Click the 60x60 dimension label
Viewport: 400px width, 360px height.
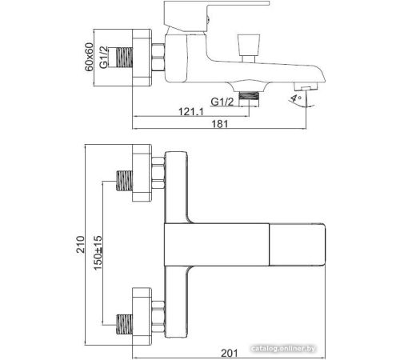[89, 57]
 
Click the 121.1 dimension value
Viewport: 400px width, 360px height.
[190, 111]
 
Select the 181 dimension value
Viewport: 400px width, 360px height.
[220, 124]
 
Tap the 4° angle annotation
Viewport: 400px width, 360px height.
[296, 98]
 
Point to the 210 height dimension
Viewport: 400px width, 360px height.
[80, 244]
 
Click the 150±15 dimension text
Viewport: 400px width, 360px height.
[98, 253]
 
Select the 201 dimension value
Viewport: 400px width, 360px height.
[230, 353]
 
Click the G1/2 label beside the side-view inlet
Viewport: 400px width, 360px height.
[104, 57]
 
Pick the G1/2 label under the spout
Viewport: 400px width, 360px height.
[222, 102]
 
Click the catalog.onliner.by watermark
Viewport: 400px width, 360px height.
[283, 348]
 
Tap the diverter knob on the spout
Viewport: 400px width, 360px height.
[248, 48]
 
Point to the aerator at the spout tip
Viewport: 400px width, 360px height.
[306, 86]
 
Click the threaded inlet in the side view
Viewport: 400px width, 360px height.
[124, 57]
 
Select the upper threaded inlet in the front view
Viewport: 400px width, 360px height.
[124, 181]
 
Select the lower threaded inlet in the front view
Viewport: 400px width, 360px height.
[124, 324]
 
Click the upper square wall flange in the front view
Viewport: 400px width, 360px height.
[142, 173]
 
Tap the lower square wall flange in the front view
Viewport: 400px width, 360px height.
[142, 317]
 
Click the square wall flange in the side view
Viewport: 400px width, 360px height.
[142, 58]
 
